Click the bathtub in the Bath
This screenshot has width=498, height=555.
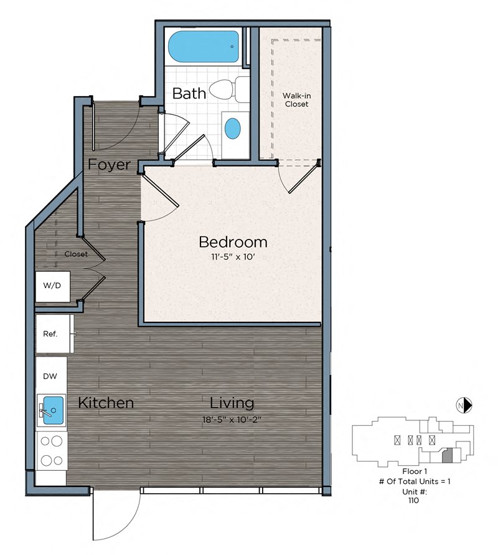click(x=203, y=47)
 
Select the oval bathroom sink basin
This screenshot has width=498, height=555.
click(x=233, y=128)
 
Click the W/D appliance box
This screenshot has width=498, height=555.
click(x=52, y=286)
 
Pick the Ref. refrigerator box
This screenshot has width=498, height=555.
click(x=54, y=334)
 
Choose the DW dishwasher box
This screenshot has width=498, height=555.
click(x=51, y=376)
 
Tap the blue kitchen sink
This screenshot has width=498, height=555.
click(x=53, y=410)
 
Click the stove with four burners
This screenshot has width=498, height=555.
click(x=51, y=451)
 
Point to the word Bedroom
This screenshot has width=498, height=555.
click(x=233, y=242)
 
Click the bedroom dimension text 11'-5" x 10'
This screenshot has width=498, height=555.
click(x=233, y=257)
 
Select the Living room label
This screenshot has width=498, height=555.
click(x=232, y=403)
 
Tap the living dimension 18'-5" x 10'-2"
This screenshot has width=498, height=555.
click(x=232, y=420)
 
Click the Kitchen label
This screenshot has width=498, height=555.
click(x=106, y=403)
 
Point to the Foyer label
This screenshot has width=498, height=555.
click(x=109, y=165)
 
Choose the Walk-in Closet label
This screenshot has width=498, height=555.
click(x=296, y=100)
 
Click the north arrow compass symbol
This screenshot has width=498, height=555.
click(x=464, y=405)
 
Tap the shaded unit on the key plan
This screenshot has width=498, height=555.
click(x=448, y=455)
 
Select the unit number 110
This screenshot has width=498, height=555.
click(x=413, y=500)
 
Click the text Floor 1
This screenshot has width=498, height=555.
click(x=415, y=471)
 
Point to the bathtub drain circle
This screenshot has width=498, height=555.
click(x=232, y=47)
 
